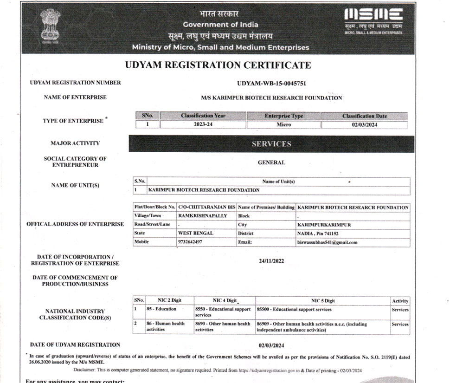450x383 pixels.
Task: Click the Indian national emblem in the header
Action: click(49, 26)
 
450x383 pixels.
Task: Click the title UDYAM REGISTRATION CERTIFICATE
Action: click(218, 65)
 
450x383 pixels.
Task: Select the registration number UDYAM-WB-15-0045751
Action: click(271, 84)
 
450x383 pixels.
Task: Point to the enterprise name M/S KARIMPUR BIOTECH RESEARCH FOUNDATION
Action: click(271, 98)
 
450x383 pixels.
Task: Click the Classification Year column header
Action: click(203, 116)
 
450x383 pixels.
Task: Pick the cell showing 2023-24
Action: click(203, 124)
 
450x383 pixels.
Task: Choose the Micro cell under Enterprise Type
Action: click(283, 124)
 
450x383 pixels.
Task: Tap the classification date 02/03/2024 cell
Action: click(364, 124)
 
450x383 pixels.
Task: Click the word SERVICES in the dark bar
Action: click(271, 144)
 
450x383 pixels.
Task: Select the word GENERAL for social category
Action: click(271, 162)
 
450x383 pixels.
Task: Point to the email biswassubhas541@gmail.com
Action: click(327, 242)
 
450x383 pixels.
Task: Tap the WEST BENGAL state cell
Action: click(196, 233)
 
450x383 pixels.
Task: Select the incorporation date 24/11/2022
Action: click(271, 261)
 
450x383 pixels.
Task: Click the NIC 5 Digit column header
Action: click(322, 301)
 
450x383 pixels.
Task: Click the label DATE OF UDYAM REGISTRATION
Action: click(75, 344)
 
